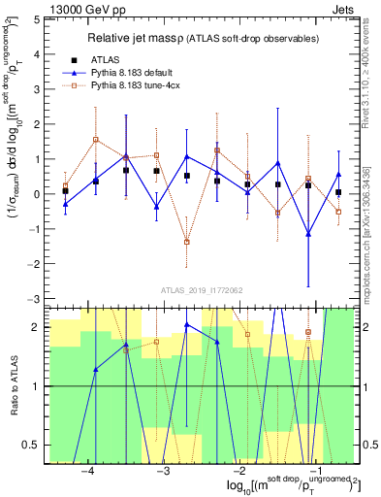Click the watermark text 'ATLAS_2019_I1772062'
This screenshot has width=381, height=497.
(x=201, y=289)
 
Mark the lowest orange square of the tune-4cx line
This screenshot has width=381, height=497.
(x=186, y=242)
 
